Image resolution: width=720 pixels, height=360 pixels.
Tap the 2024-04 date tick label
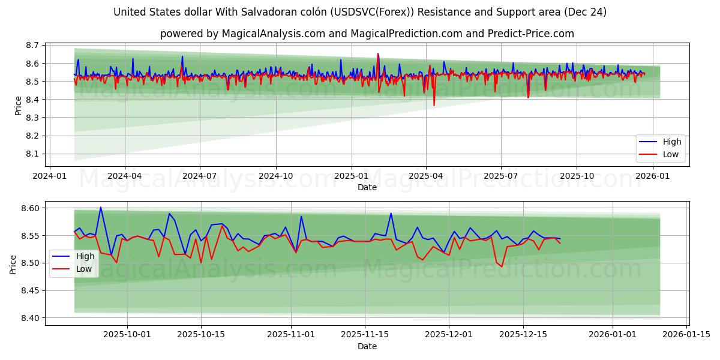125,176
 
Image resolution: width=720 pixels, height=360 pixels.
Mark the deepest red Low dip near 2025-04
434,106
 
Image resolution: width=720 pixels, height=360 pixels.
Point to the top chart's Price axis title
18,106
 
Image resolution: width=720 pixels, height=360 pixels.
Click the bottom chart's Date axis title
367,346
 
